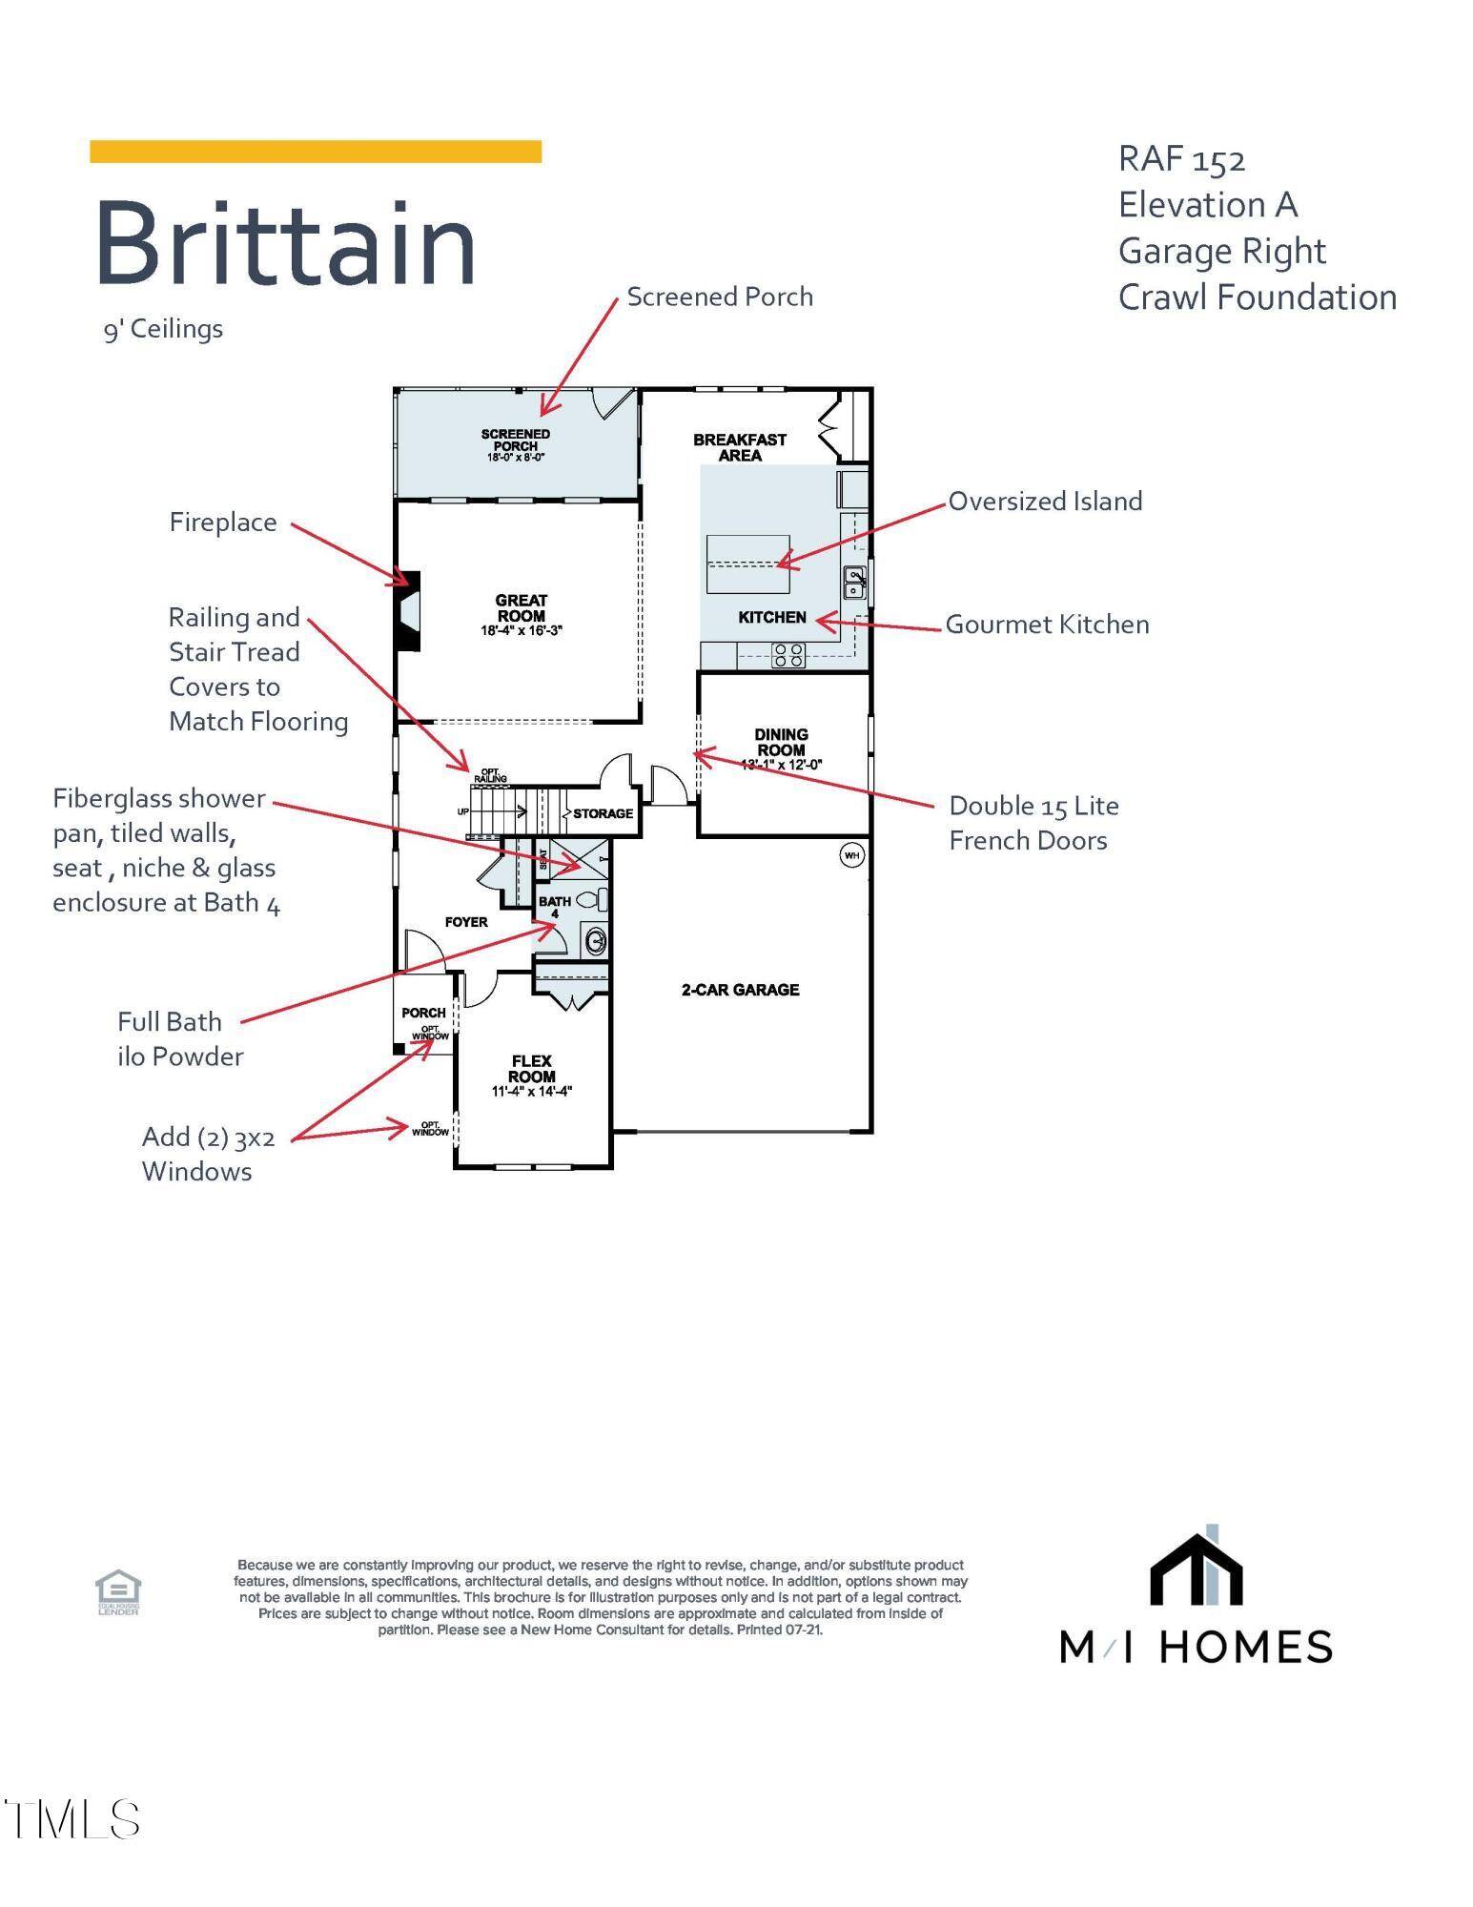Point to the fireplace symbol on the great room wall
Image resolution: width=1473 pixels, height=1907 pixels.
[409, 611]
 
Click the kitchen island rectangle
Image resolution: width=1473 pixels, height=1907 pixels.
[748, 564]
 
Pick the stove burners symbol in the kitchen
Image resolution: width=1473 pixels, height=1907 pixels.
[788, 655]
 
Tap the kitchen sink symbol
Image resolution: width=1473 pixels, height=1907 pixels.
[855, 582]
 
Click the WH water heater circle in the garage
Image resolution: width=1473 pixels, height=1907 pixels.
[851, 855]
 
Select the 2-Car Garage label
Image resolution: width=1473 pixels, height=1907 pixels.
[741, 990]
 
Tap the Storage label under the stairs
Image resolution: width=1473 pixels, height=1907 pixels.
[604, 813]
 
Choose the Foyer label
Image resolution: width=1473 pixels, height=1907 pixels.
[466, 922]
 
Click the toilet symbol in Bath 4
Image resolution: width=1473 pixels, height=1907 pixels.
[593, 898]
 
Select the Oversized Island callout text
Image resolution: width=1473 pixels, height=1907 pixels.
[1046, 502]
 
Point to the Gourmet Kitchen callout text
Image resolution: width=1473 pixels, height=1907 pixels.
[1048, 625]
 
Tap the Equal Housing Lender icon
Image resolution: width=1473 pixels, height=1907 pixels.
[118, 1595]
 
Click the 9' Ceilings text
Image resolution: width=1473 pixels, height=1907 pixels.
[163, 329]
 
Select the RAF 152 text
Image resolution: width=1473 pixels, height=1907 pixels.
[1182, 159]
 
